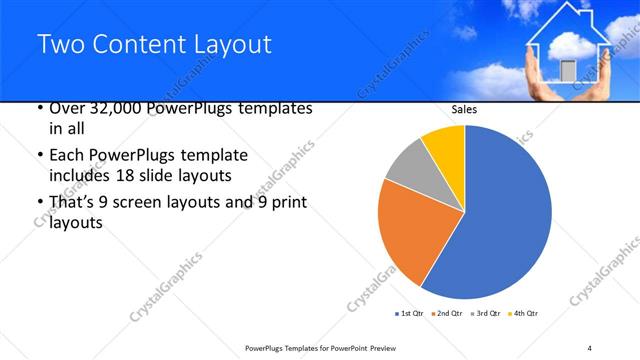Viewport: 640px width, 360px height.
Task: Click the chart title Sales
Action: point(465,111)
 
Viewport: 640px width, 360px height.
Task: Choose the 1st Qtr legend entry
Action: point(412,314)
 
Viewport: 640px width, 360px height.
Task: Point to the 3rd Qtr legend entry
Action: point(486,314)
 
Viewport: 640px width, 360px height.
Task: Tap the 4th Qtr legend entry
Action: point(523,314)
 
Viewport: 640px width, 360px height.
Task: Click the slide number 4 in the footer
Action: point(589,347)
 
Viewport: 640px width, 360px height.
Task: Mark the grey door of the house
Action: point(568,70)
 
